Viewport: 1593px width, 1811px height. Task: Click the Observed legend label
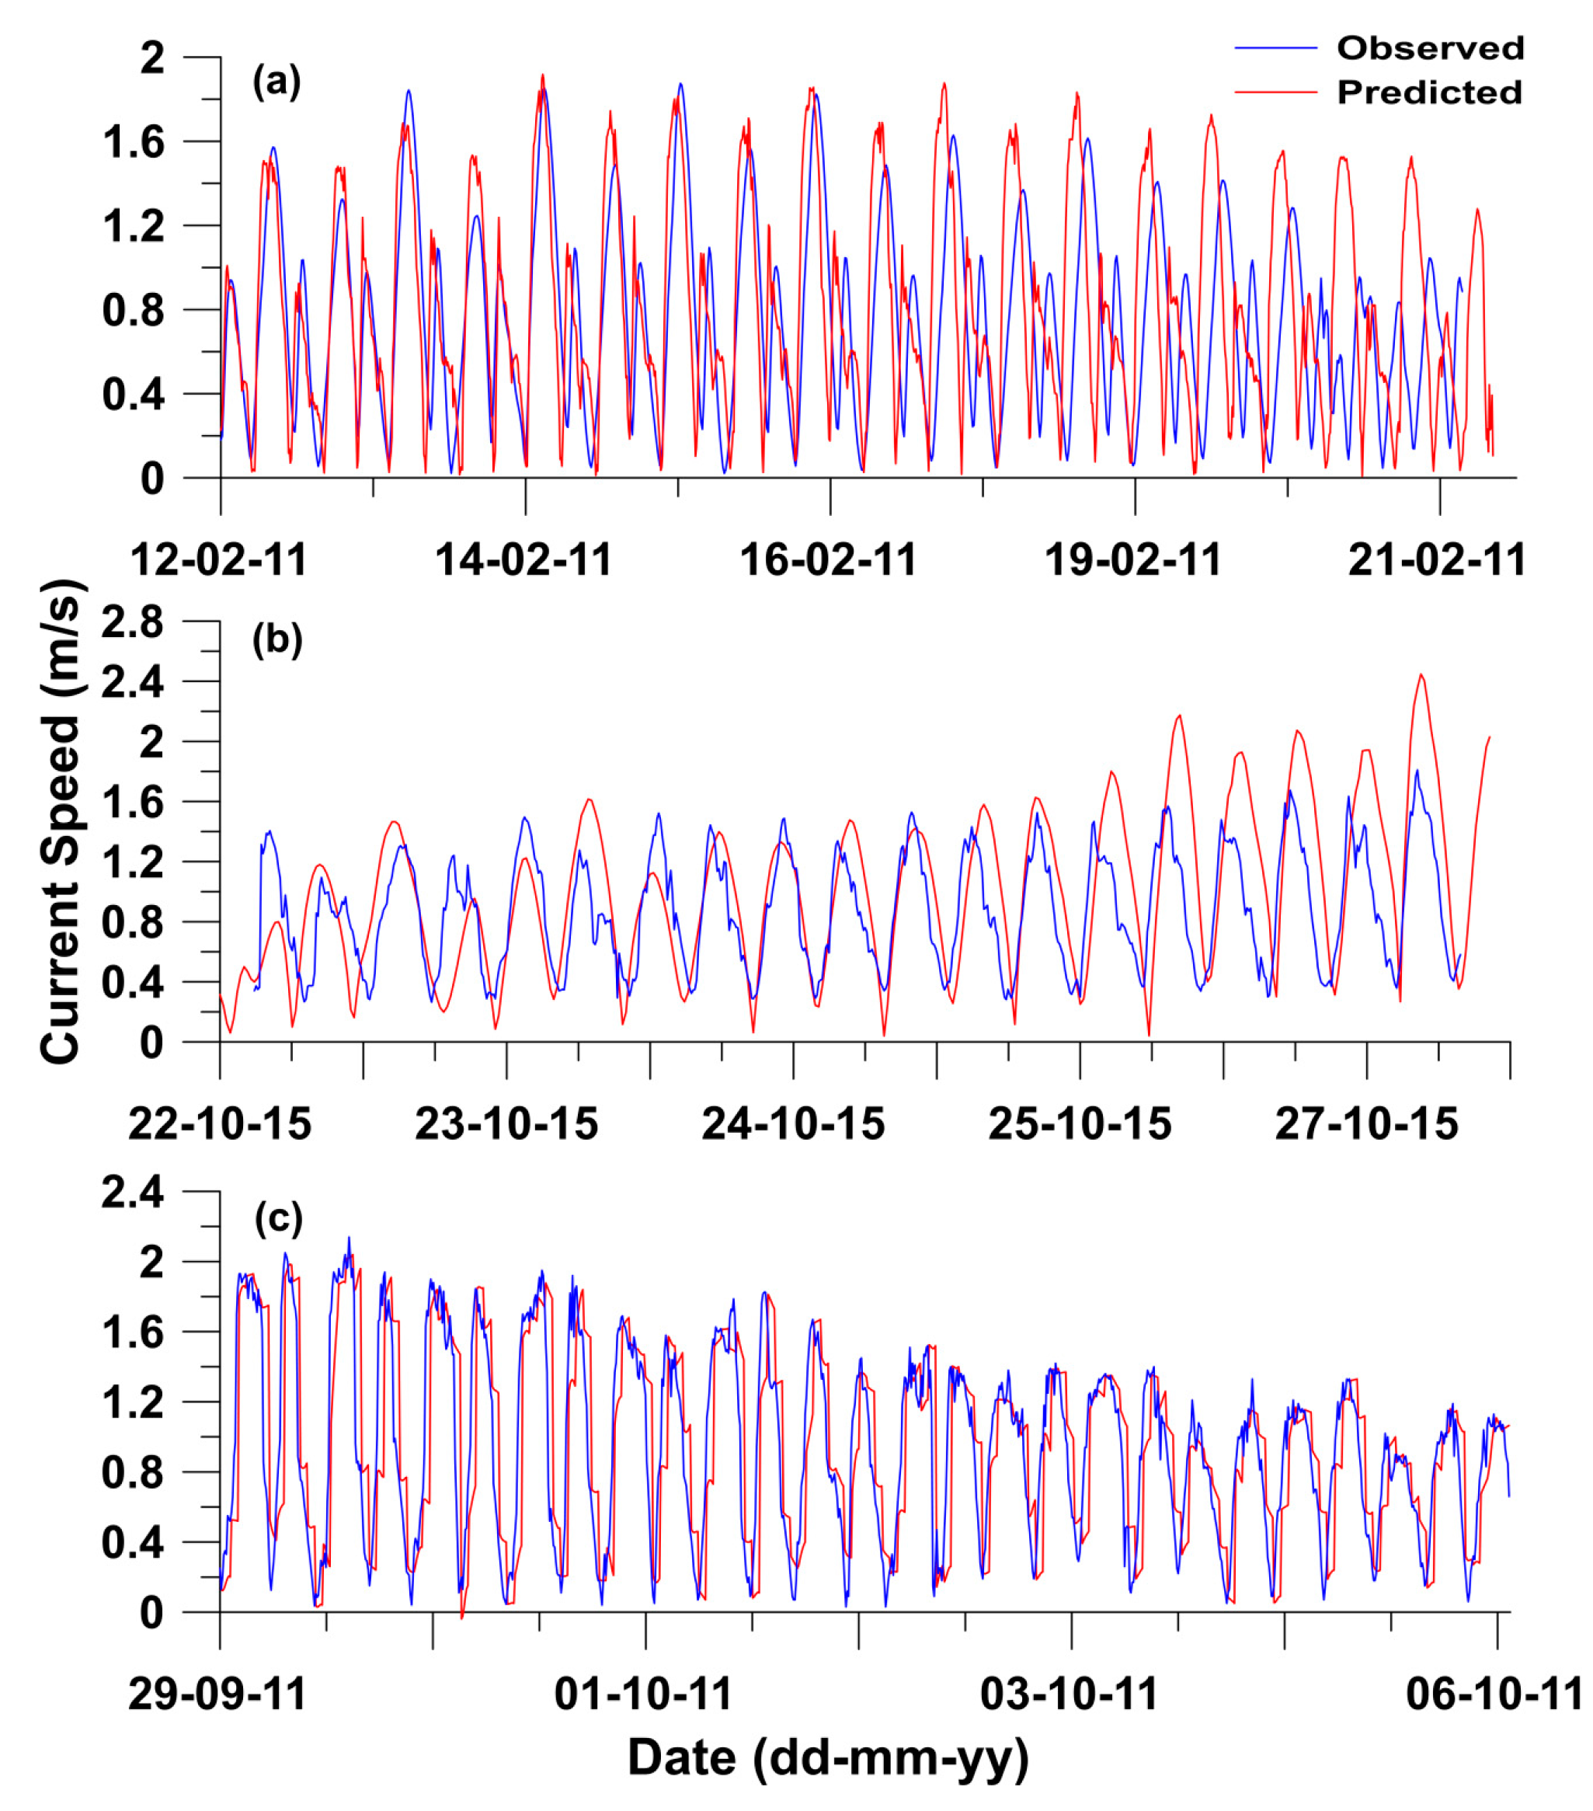click(x=1429, y=48)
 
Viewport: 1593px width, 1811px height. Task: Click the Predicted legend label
click(x=1428, y=92)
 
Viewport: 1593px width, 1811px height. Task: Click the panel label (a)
click(x=277, y=82)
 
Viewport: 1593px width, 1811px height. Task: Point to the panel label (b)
click(x=277, y=639)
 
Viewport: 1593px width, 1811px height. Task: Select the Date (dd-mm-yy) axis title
click(x=827, y=1757)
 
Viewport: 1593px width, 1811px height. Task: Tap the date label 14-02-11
click(x=523, y=560)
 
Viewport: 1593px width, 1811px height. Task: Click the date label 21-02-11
click(x=1436, y=560)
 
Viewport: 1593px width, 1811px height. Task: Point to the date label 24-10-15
click(x=793, y=1124)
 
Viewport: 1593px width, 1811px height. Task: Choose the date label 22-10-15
click(x=220, y=1124)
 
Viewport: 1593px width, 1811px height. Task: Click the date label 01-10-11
click(x=643, y=1694)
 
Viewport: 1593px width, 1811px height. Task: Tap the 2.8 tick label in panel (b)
click(x=133, y=623)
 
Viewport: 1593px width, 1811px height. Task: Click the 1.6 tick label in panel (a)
click(x=134, y=141)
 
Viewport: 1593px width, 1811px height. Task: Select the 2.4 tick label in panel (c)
click(x=133, y=1193)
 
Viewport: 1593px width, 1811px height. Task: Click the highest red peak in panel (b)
click(x=1421, y=675)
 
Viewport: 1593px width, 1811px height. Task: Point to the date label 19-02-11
click(x=1133, y=560)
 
